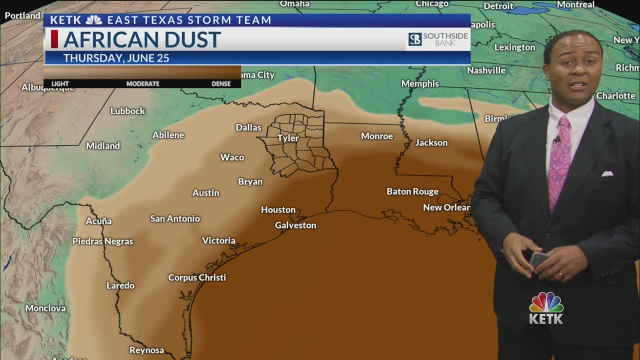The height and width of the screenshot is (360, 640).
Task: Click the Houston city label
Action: point(278,210)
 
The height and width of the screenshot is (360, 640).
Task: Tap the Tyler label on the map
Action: point(288,138)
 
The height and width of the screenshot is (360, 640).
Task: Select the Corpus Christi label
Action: point(197,277)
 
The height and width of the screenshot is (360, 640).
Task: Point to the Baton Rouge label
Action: point(412,191)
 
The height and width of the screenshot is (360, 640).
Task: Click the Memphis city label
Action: point(420,83)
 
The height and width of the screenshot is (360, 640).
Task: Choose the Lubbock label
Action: point(127,111)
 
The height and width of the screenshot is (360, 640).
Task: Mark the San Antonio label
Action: point(175,218)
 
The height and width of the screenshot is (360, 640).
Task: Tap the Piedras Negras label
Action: point(102,241)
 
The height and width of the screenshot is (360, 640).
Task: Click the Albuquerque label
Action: point(47,88)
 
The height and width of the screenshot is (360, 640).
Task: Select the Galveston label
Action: point(295,225)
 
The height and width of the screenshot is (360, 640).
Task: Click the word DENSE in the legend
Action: point(221,83)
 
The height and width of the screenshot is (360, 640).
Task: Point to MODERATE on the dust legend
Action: point(142,83)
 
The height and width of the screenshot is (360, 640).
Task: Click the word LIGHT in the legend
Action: point(60,83)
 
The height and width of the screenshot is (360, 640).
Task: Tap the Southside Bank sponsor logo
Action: point(437,39)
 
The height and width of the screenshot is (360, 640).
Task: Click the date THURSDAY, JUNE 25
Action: point(116,58)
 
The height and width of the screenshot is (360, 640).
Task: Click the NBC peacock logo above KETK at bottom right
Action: point(546,302)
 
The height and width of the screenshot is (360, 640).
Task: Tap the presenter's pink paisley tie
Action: point(559,160)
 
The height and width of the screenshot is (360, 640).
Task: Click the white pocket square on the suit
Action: point(607,173)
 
